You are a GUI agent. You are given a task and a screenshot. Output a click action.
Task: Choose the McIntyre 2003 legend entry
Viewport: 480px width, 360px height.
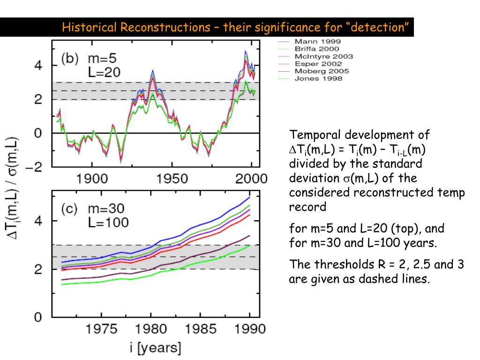click(x=323, y=56)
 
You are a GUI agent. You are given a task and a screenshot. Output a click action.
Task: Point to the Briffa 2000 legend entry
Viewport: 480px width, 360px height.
click(x=317, y=49)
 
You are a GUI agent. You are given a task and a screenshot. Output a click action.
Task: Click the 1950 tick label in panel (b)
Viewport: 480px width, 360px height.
click(x=172, y=180)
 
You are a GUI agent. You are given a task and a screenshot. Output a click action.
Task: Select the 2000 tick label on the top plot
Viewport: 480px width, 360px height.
click(x=252, y=180)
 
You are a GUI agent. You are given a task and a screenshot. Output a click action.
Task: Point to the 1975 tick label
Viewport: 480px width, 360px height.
click(x=101, y=329)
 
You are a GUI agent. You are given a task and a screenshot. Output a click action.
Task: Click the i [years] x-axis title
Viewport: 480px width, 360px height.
click(x=156, y=348)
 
